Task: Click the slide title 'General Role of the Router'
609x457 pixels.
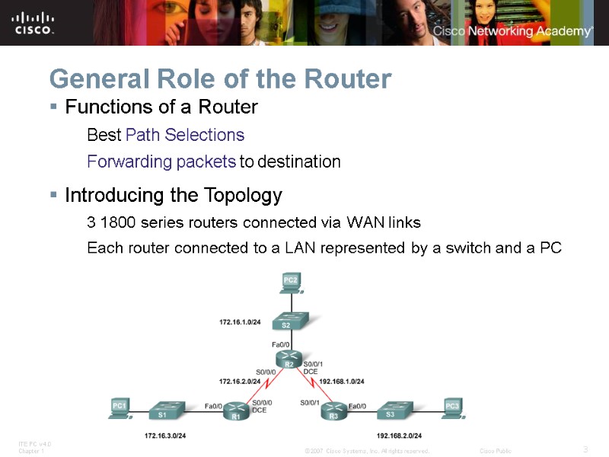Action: pyautogui.click(x=220, y=78)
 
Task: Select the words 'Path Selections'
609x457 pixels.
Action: pyautogui.click(x=185, y=136)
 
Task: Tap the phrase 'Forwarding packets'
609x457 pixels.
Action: pyautogui.click(x=161, y=162)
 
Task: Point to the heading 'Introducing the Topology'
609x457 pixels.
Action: pyautogui.click(x=174, y=196)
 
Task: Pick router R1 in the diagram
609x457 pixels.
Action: pyautogui.click(x=236, y=412)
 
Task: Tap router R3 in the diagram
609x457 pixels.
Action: pyautogui.click(x=333, y=412)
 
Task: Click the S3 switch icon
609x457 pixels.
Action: pyautogui.click(x=391, y=411)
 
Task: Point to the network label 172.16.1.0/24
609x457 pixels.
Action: pyautogui.click(x=241, y=323)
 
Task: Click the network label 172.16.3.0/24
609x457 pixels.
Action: pyautogui.click(x=165, y=435)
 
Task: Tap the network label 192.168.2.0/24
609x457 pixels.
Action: pyautogui.click(x=399, y=435)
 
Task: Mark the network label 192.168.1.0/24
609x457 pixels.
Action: pyautogui.click(x=343, y=381)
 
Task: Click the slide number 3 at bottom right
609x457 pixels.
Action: pyautogui.click(x=585, y=449)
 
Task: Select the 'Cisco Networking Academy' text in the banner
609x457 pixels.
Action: pyautogui.click(x=512, y=31)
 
